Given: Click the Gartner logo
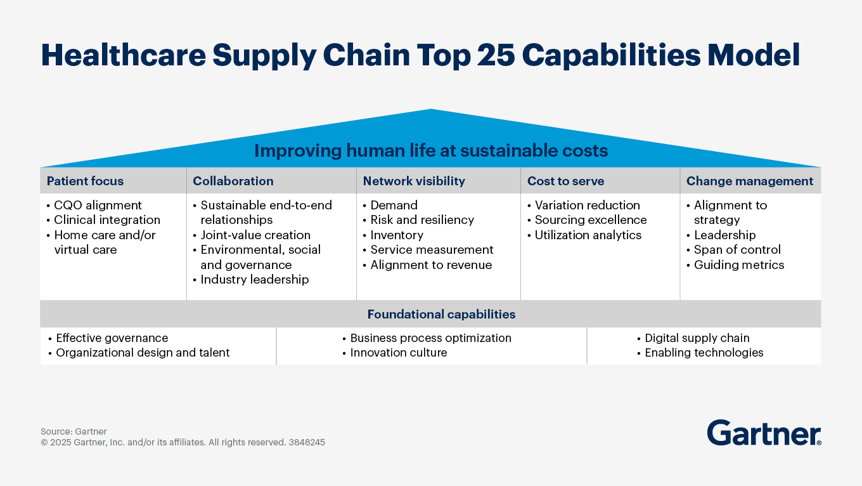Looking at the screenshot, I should tap(764, 433).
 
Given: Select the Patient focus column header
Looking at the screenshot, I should tap(85, 181).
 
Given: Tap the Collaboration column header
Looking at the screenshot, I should tap(233, 181).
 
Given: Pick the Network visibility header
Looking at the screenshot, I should tap(414, 181).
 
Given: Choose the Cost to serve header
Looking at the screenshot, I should tap(565, 181).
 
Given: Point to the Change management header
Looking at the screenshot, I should tap(749, 181).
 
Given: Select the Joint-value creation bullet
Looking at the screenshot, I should tap(255, 235).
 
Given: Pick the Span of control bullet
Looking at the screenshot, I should tap(737, 249).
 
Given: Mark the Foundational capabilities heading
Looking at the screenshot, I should tap(441, 314).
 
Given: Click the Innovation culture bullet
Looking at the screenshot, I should tap(398, 353).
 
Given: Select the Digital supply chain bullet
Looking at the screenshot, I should tap(697, 338).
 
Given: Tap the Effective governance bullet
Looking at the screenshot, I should tap(112, 338).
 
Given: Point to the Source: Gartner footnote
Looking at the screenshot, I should tap(74, 431).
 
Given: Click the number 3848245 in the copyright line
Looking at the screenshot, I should tap(306, 442).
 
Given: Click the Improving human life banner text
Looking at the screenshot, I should tap(431, 151).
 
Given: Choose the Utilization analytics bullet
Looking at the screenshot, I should tap(588, 235).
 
